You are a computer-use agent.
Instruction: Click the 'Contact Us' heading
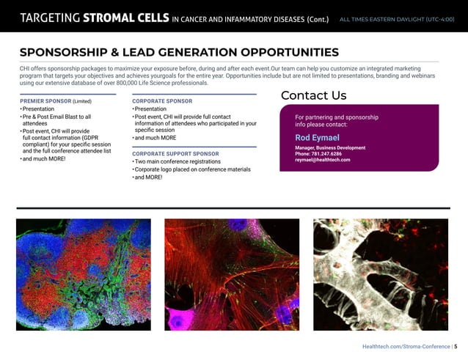[x=313, y=95]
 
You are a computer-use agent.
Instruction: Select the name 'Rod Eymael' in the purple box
[x=317, y=137]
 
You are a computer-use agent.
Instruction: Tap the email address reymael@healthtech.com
[x=322, y=159]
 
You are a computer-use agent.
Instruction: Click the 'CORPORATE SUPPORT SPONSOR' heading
[x=175, y=153]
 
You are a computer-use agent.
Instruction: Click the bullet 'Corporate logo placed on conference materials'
[x=192, y=169]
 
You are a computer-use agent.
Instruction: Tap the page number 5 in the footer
[x=456, y=345]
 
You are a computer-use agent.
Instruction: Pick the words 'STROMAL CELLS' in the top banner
[x=128, y=18]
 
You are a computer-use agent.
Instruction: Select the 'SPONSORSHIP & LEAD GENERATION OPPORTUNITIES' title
[x=179, y=52]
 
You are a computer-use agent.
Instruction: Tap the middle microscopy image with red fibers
[x=232, y=273]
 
